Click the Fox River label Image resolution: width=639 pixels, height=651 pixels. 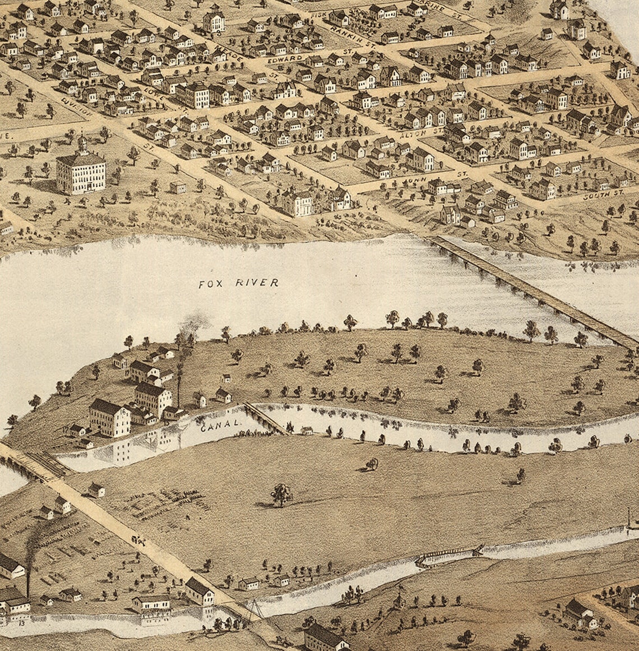(x=239, y=283)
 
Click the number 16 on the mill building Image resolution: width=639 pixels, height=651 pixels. (x=122, y=412)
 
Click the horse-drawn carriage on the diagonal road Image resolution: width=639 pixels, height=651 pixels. (x=138, y=541)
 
